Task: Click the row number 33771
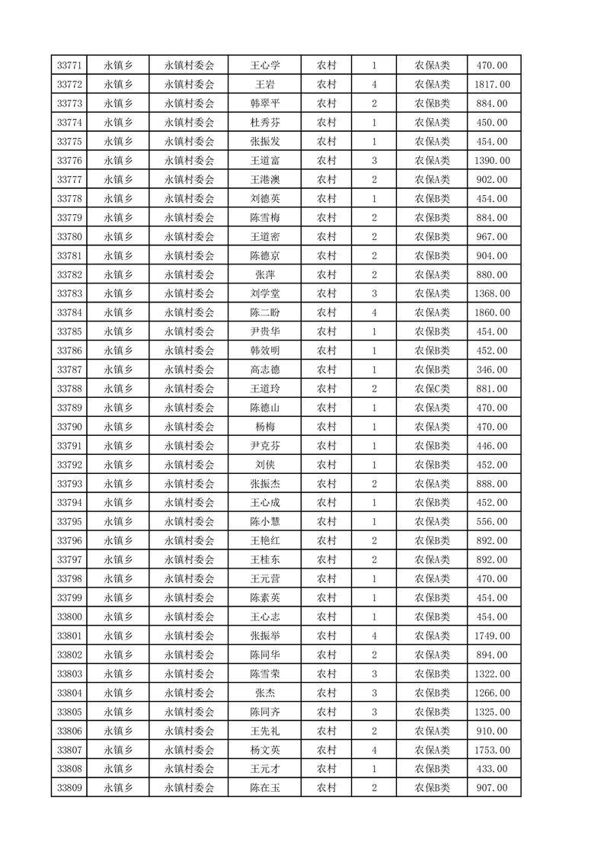coord(69,66)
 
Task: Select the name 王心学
coord(265,66)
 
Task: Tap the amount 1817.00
coord(491,85)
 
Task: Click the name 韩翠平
coord(265,104)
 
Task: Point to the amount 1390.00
coord(491,161)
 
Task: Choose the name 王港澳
coord(265,180)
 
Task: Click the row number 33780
coord(69,237)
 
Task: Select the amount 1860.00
coord(491,313)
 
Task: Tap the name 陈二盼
coord(265,313)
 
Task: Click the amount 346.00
coord(491,370)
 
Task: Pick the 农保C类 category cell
coord(432,389)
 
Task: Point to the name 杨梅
coord(265,427)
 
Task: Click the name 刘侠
coord(265,465)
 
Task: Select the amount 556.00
coord(491,522)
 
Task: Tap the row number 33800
coord(69,617)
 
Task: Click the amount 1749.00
coord(491,636)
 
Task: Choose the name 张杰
coord(265,693)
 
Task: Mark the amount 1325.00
coord(491,712)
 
